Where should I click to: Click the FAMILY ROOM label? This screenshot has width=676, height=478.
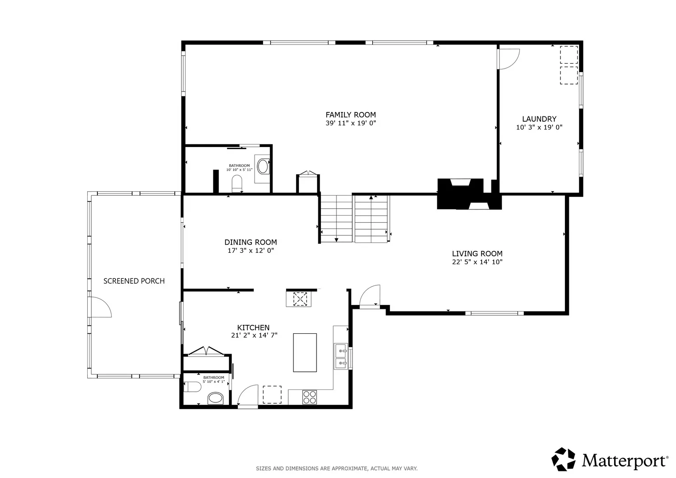(351, 115)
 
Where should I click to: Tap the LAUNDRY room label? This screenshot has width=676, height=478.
(539, 119)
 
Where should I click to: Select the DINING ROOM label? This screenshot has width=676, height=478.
(251, 242)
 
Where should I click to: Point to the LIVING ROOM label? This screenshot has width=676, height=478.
(477, 254)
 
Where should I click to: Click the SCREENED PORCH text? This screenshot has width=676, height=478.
(134, 281)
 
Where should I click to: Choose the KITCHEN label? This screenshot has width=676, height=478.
(253, 328)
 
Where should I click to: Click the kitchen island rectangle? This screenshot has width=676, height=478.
(305, 352)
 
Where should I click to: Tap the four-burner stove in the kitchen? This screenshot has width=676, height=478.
(309, 397)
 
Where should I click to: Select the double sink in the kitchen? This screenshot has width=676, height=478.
(341, 356)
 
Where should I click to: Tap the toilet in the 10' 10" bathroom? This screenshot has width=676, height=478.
(237, 184)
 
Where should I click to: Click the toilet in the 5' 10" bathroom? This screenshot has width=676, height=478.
(192, 387)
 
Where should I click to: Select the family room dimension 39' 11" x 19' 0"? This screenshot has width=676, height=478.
(351, 123)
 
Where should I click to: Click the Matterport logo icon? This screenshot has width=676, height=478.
(563, 459)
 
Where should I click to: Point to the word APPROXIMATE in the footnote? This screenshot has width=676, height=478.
(349, 469)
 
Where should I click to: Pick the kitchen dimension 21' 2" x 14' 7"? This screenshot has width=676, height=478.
(254, 335)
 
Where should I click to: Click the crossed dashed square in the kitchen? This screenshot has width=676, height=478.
(300, 299)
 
